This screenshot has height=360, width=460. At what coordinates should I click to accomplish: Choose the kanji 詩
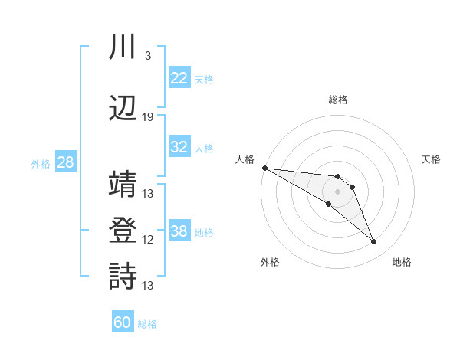click(123, 277)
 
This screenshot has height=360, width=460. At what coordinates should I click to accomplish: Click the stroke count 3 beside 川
click(147, 56)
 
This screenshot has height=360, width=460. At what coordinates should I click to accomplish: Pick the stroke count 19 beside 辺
click(148, 117)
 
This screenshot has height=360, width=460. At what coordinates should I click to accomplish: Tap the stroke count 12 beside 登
click(148, 240)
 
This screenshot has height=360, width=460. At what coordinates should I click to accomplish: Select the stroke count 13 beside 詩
click(148, 286)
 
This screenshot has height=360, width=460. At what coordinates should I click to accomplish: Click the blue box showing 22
click(179, 78)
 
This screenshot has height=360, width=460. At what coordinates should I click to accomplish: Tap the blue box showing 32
click(179, 147)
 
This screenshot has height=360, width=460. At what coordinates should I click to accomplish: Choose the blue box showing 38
click(179, 231)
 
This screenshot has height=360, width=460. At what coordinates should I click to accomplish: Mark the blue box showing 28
click(65, 162)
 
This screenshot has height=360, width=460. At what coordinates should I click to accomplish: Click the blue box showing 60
click(122, 322)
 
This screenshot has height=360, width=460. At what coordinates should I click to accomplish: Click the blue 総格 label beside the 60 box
click(147, 324)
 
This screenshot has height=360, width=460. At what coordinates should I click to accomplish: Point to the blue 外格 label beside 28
click(40, 164)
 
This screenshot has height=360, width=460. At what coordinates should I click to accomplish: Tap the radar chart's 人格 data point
click(264, 168)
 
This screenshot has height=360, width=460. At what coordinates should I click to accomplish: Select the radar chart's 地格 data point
click(373, 242)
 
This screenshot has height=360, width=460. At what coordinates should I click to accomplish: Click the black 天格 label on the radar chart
click(431, 159)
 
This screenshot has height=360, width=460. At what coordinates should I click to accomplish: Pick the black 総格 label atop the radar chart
click(337, 100)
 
